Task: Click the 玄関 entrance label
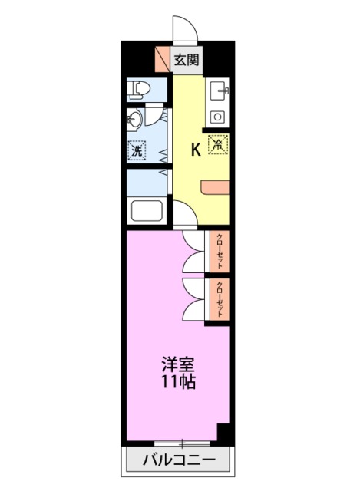point(187,61)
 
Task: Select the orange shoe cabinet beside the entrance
point(162,60)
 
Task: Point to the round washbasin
point(135,119)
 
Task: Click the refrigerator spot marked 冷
point(218,143)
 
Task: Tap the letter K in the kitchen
point(195,150)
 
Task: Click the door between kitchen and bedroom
point(184,213)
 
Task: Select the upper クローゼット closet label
point(220,250)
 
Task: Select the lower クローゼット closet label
point(220,300)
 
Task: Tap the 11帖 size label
point(177,381)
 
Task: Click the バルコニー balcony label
point(179,461)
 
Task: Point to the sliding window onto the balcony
point(181,443)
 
